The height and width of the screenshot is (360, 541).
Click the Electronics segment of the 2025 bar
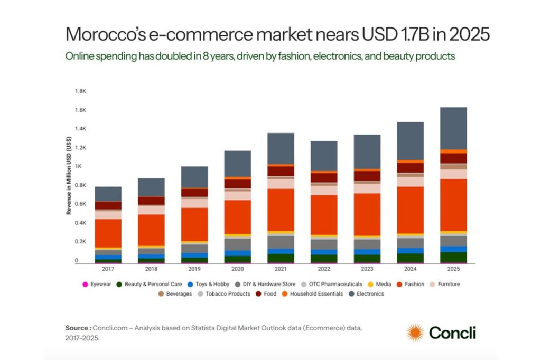coord(453,128)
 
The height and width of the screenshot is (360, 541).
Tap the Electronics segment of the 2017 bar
coord(108,194)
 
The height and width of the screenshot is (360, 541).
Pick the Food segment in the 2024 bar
coord(410,168)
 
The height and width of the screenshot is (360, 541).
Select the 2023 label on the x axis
coord(367,268)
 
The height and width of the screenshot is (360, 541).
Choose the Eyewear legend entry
coord(95,284)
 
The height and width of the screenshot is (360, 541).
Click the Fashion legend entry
coord(411,284)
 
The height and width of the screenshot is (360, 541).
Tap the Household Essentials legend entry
coord(316,293)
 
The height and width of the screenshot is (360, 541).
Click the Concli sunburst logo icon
coord(415,333)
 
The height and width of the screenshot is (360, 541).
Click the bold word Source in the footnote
coord(77,328)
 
